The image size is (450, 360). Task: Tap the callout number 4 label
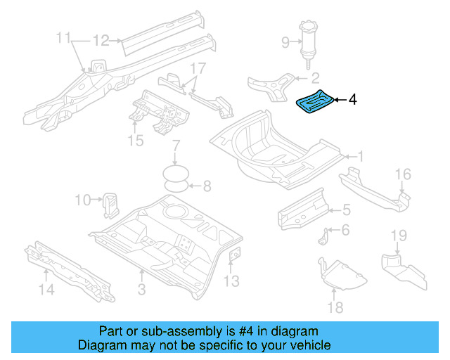(x=352, y=101)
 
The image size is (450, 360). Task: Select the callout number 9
(x=285, y=43)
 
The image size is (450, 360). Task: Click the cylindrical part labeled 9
(x=307, y=42)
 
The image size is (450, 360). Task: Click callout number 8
(x=206, y=186)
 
